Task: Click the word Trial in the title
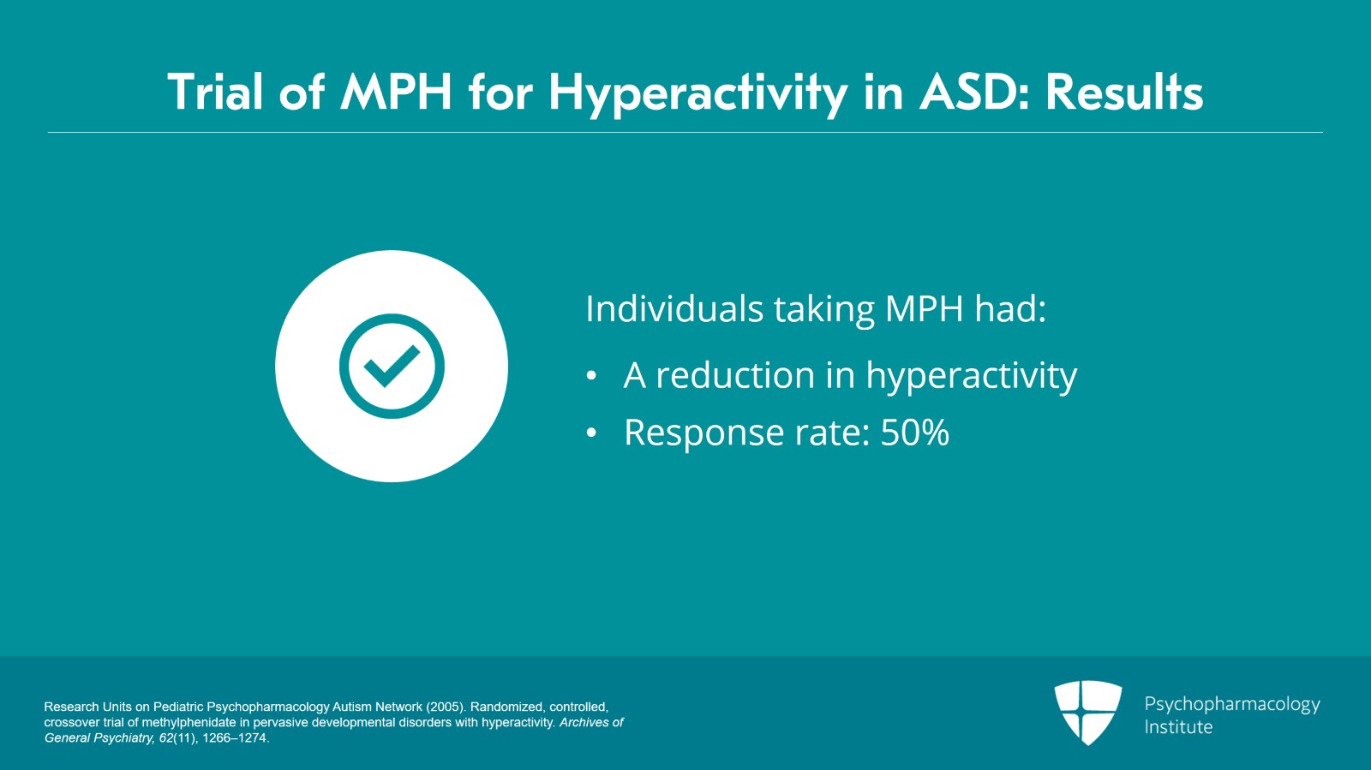(x=215, y=92)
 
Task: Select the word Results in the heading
(x=1124, y=92)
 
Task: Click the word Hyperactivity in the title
(x=698, y=95)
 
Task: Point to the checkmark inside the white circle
(x=391, y=366)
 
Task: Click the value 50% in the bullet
(x=914, y=433)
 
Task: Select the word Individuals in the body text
(x=674, y=308)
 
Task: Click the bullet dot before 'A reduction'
(x=590, y=375)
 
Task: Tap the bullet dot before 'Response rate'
(x=590, y=433)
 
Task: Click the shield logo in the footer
(x=1087, y=712)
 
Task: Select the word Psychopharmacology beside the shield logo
(x=1232, y=705)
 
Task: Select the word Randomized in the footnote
(x=506, y=707)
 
